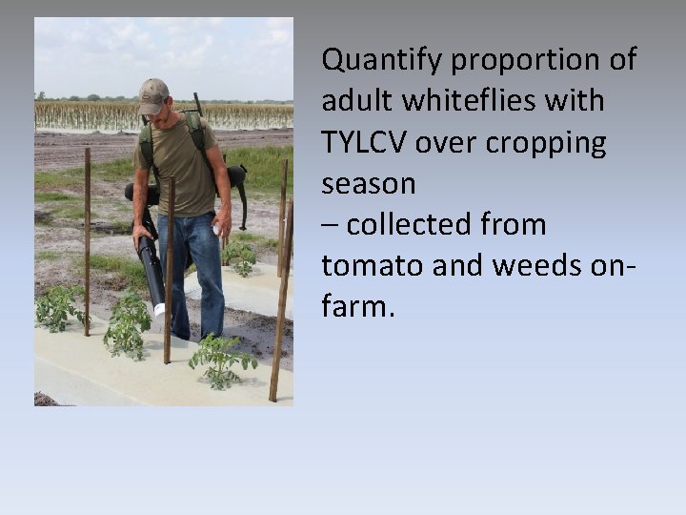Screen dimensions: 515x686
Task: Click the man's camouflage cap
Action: [x=152, y=94]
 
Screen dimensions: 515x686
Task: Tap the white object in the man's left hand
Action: [x=220, y=231]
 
